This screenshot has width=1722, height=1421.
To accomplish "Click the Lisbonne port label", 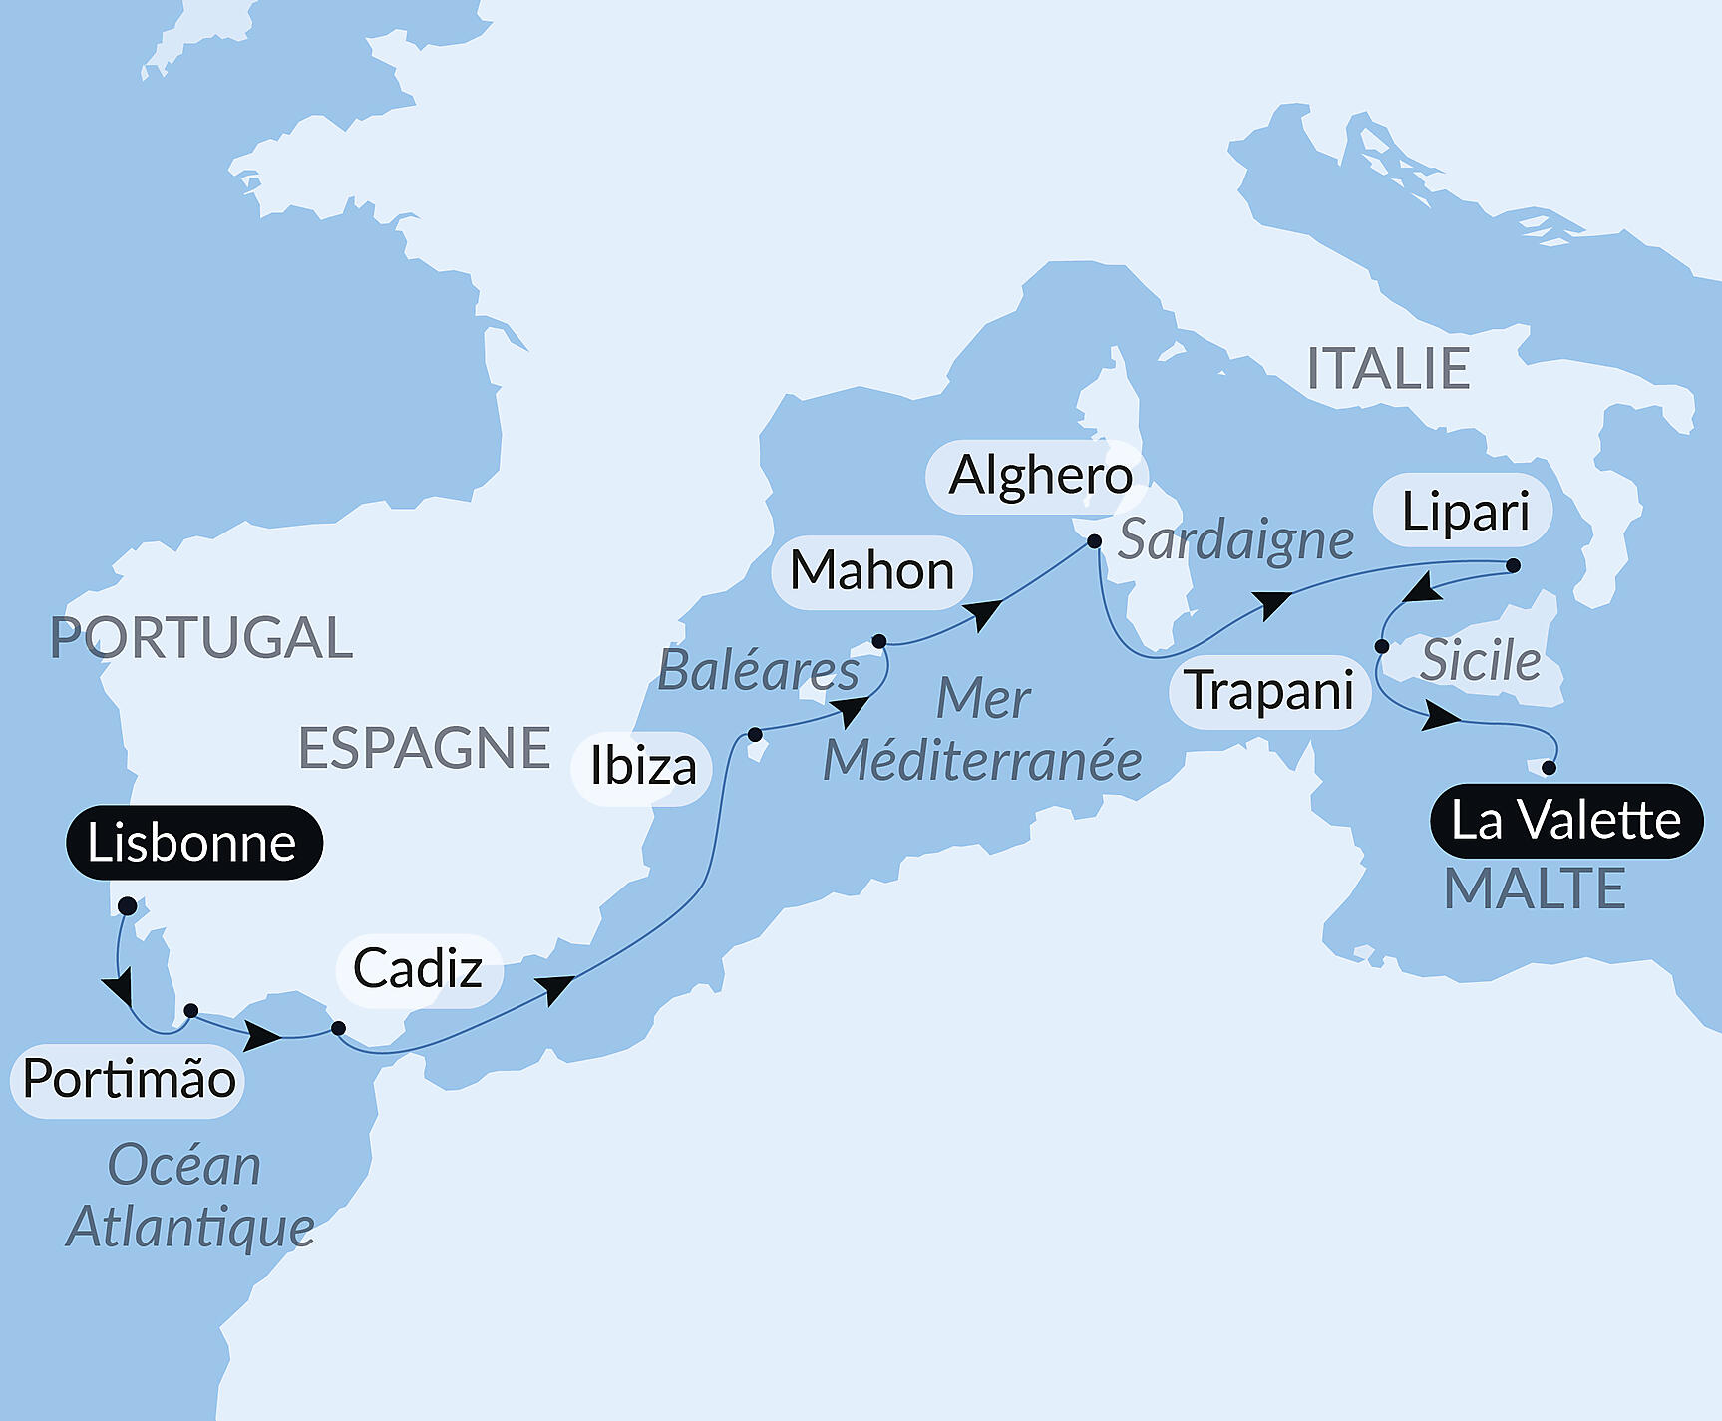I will point(193,843).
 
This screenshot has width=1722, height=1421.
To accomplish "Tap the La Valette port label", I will point(1565,821).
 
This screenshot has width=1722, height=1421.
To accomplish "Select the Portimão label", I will point(129,1079).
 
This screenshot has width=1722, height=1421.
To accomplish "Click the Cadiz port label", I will point(418,969).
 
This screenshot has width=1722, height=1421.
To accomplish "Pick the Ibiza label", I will point(642,767).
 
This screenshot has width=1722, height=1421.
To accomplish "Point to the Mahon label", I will point(871,571).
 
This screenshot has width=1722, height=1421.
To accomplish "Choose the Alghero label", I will point(1039,476).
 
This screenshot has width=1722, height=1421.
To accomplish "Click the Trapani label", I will point(1268,691).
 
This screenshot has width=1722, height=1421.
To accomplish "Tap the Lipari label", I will point(1464,513).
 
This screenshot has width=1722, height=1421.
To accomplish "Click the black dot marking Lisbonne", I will point(128,906).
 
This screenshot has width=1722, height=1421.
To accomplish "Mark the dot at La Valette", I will point(1549,768).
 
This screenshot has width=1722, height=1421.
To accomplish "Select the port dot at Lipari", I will point(1513,565).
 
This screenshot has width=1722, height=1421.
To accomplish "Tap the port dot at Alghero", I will point(1094,541).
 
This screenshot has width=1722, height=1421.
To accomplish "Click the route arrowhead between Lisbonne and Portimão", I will point(119,989).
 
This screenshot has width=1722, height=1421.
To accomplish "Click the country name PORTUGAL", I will point(201,638).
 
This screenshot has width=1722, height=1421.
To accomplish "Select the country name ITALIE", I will point(1388,369).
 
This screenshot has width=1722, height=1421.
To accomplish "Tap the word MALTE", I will point(1535,888).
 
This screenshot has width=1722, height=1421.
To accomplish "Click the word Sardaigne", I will point(1235,540).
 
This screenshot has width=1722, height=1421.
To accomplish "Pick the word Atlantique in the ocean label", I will point(190,1227).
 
